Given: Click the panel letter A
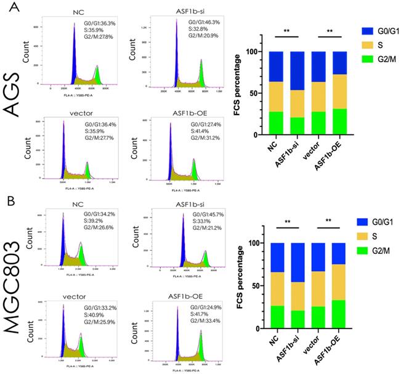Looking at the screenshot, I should coord(8,8).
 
